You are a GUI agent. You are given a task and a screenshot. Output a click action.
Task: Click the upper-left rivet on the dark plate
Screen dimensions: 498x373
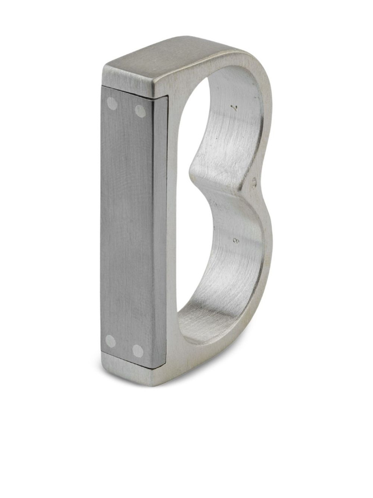(112, 104)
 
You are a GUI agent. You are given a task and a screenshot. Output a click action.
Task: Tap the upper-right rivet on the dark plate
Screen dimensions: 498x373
(140, 111)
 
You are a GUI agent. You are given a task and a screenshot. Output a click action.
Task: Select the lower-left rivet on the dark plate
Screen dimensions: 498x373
(111, 341)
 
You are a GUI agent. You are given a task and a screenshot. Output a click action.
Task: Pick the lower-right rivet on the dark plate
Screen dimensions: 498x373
(138, 351)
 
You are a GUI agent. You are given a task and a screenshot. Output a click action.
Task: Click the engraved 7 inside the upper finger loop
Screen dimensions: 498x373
(236, 108)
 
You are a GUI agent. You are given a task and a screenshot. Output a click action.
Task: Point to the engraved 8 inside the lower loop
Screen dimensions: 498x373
(236, 241)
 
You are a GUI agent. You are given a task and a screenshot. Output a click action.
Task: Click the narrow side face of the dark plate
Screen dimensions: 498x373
(160, 229)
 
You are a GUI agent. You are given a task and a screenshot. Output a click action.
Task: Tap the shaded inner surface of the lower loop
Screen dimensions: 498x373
(219, 299)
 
